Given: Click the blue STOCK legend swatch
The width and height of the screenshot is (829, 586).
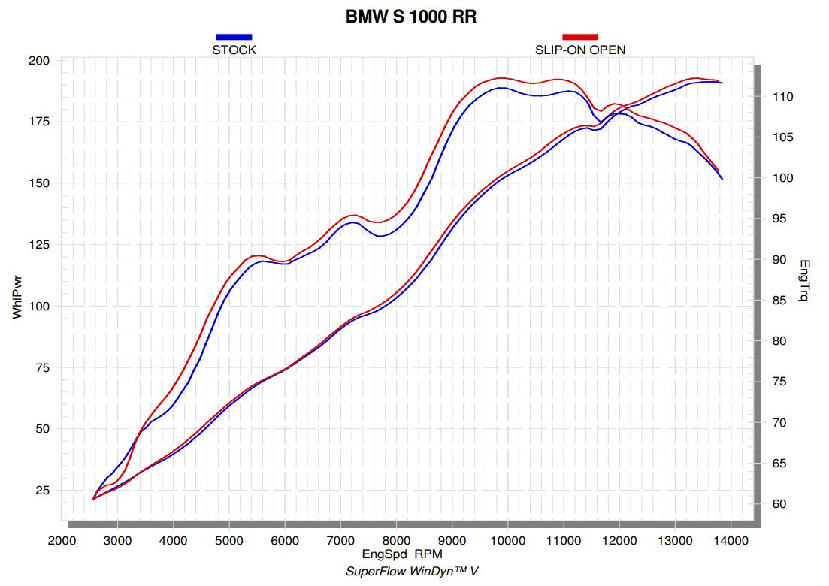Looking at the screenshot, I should pyautogui.click(x=234, y=36).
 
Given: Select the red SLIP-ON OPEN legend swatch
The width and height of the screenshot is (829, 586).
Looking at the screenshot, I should pyautogui.click(x=580, y=36).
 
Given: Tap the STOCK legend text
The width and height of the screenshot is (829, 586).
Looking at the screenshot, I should pyautogui.click(x=234, y=50).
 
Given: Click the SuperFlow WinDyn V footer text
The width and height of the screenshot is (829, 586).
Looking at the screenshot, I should pyautogui.click(x=411, y=571).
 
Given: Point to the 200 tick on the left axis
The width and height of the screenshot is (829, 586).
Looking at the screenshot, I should pyautogui.click(x=39, y=61).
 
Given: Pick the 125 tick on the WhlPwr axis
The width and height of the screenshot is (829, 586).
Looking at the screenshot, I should pyautogui.click(x=39, y=245).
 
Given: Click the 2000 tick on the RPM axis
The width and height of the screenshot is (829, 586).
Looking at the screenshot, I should pyautogui.click(x=62, y=540).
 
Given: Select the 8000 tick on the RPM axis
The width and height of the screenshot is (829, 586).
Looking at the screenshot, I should pyautogui.click(x=396, y=540).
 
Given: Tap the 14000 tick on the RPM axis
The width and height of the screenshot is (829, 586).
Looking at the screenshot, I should pyautogui.click(x=731, y=540).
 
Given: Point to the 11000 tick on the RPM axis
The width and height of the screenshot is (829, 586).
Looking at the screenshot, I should pyautogui.click(x=564, y=540).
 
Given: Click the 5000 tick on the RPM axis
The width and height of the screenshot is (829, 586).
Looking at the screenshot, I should pyautogui.click(x=229, y=540).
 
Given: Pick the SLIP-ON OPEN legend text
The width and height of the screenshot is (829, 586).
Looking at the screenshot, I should pyautogui.click(x=580, y=50).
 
